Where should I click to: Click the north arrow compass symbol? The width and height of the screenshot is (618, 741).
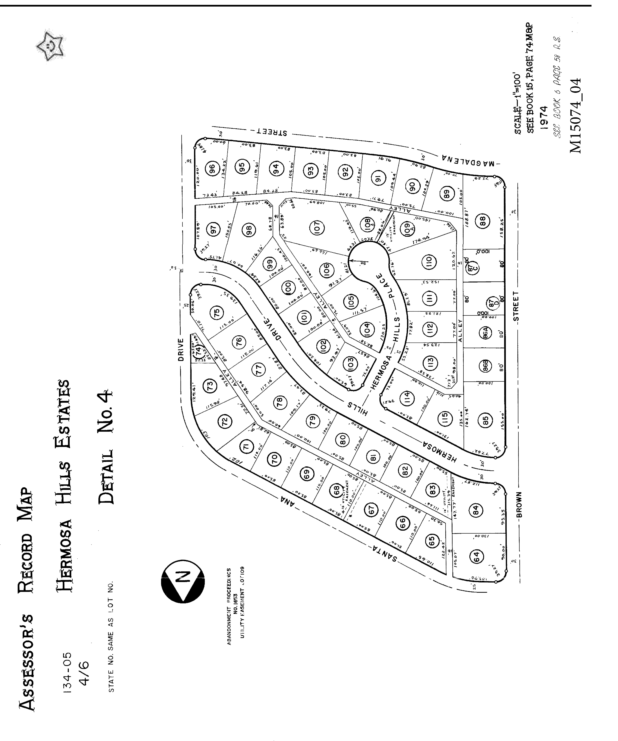(183, 581)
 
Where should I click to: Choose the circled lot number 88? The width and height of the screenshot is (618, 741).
(483, 221)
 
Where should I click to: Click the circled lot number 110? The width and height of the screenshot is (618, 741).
(429, 262)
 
